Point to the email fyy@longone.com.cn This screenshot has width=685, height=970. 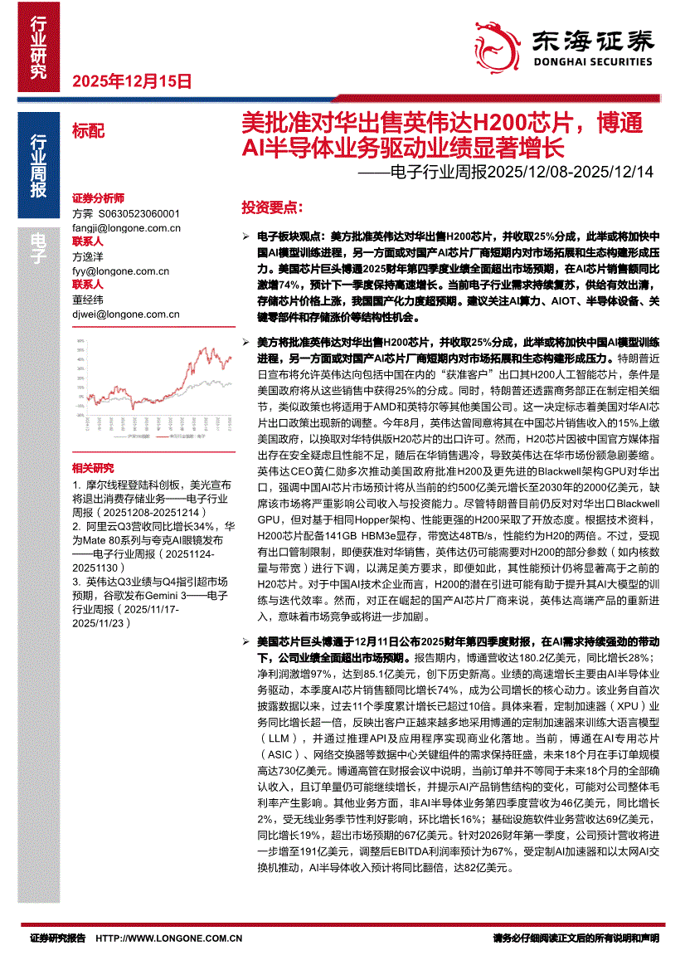click(120, 271)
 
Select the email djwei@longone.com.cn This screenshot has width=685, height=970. click(126, 314)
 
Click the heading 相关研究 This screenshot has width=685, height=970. click(92, 468)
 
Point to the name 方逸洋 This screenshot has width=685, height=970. click(88, 256)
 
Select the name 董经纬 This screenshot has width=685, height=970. click(88, 300)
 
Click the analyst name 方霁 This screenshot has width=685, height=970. click(83, 213)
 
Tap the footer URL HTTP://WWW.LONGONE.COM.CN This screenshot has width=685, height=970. click(169, 938)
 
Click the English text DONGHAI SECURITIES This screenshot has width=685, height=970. click(590, 61)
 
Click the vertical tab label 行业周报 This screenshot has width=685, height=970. click(39, 166)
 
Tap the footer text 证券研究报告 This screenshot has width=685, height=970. click(57, 938)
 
